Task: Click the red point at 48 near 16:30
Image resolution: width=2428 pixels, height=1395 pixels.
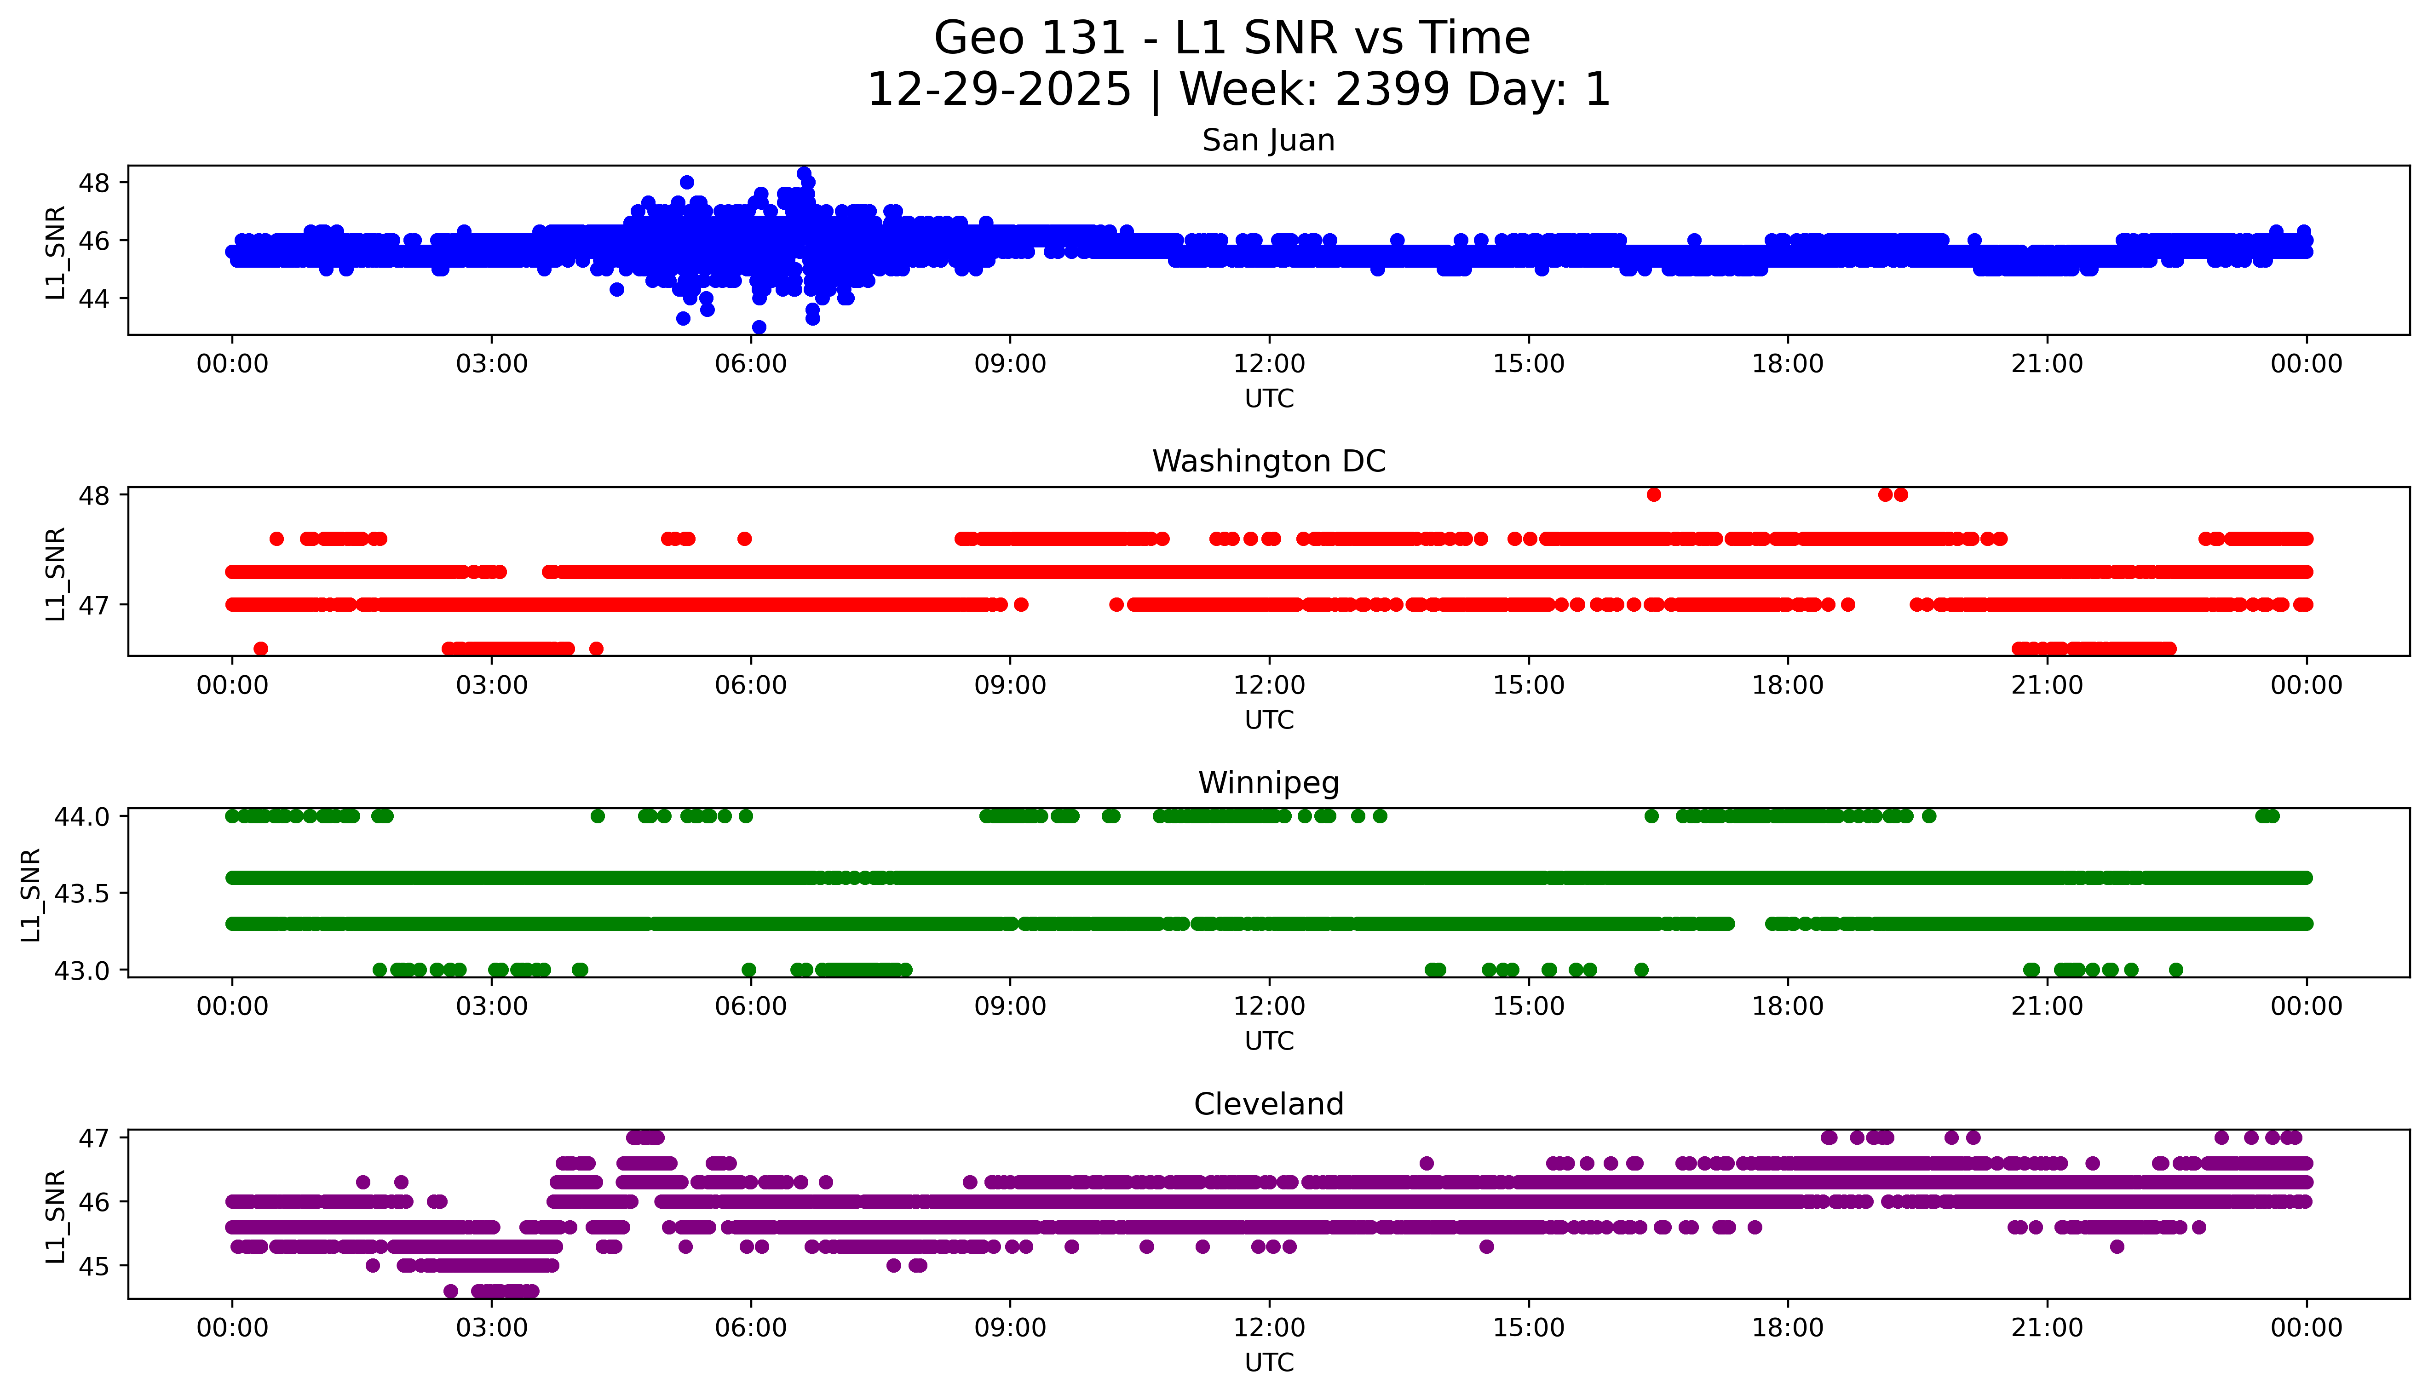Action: (x=1653, y=494)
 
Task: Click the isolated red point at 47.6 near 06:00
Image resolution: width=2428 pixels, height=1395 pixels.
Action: (x=744, y=539)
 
